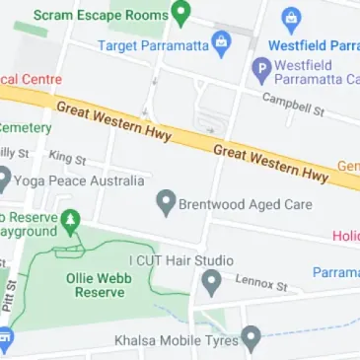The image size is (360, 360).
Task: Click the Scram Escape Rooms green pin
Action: [180, 14]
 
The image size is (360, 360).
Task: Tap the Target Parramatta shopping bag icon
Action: [221, 42]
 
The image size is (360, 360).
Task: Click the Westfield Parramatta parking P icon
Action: [261, 69]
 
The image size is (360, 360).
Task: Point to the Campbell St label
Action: [293, 104]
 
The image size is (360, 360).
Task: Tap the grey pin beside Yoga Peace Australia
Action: [4, 180]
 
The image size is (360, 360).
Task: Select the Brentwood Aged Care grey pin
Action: [166, 204]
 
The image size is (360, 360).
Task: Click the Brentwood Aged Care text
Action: [245, 205]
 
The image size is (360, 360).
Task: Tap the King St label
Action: [67, 157]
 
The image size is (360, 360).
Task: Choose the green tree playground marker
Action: [70, 219]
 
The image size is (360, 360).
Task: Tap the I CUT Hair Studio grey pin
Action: [209, 284]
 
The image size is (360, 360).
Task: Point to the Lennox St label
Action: [260, 284]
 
